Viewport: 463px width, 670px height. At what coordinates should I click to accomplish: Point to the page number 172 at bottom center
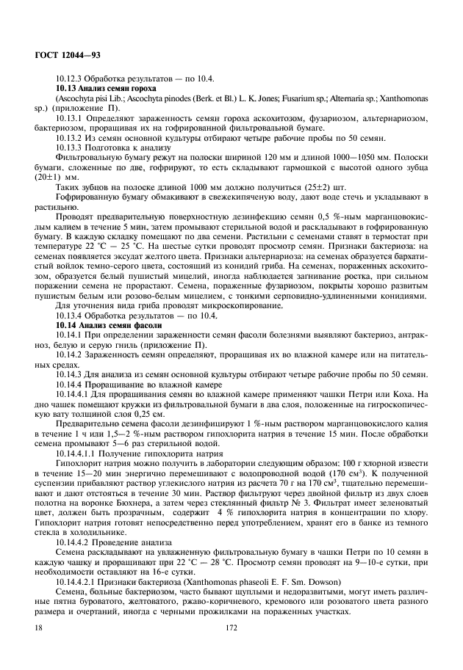point(231,628)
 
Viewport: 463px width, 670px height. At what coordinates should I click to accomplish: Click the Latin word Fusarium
point(287,97)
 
